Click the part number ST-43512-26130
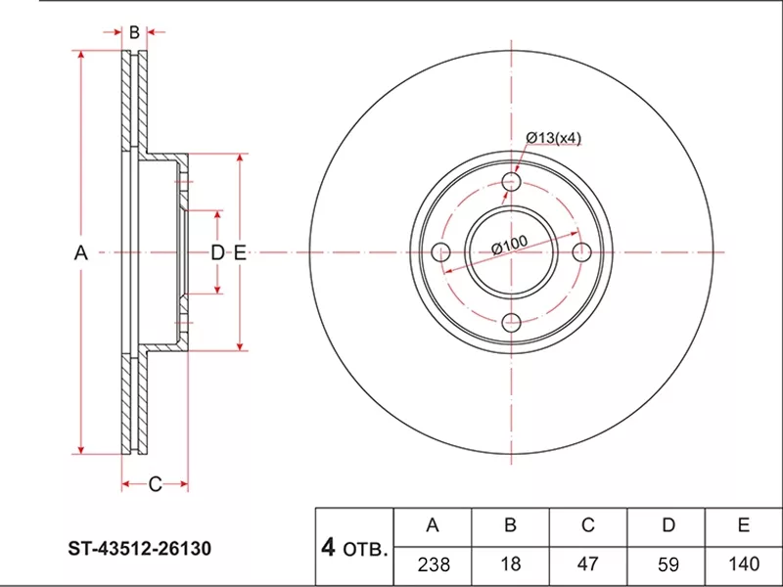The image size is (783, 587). (x=140, y=548)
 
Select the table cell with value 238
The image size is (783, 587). (x=434, y=564)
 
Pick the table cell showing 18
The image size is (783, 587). (x=510, y=564)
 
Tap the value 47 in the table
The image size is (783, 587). (x=588, y=564)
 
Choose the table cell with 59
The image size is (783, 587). (x=668, y=564)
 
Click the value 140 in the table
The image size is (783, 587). (x=744, y=564)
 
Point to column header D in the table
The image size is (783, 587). (x=668, y=525)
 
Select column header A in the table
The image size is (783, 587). (x=433, y=525)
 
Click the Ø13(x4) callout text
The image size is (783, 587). (x=554, y=137)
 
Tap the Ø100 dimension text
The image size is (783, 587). (x=509, y=245)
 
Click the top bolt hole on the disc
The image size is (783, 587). (x=511, y=181)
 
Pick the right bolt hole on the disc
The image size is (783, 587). (x=581, y=252)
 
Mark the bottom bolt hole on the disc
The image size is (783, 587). (x=511, y=323)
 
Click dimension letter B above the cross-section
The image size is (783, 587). (x=134, y=32)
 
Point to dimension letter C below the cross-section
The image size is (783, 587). (x=155, y=483)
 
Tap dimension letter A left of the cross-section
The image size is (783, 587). (x=81, y=253)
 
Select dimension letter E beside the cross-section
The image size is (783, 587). (x=240, y=253)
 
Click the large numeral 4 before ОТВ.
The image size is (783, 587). (x=328, y=548)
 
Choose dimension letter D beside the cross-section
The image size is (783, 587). (x=217, y=253)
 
